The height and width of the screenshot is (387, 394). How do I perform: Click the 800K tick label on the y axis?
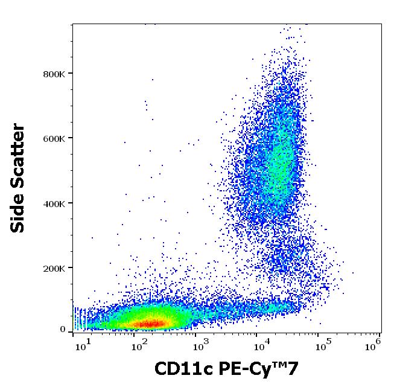click(x=55, y=74)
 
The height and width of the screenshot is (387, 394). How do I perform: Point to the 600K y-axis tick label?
click(x=55, y=138)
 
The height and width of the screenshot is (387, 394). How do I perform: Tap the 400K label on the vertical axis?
click(x=55, y=203)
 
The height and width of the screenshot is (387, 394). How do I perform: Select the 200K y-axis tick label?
click(x=55, y=268)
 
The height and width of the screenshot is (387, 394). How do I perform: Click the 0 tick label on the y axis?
click(x=62, y=330)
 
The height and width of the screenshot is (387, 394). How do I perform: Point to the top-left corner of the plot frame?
click(x=73, y=24)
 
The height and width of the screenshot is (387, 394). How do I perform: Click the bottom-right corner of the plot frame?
click(x=381, y=332)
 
